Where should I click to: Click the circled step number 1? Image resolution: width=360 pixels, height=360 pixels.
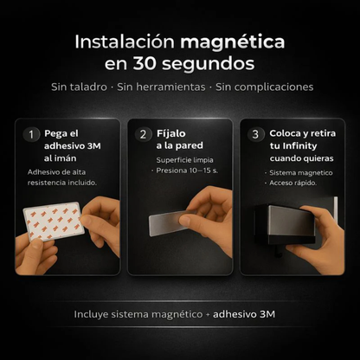[x=31, y=134]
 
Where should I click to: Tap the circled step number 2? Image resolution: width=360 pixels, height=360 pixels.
[x=144, y=134]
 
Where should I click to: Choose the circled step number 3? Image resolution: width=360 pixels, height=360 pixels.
[x=255, y=134]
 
